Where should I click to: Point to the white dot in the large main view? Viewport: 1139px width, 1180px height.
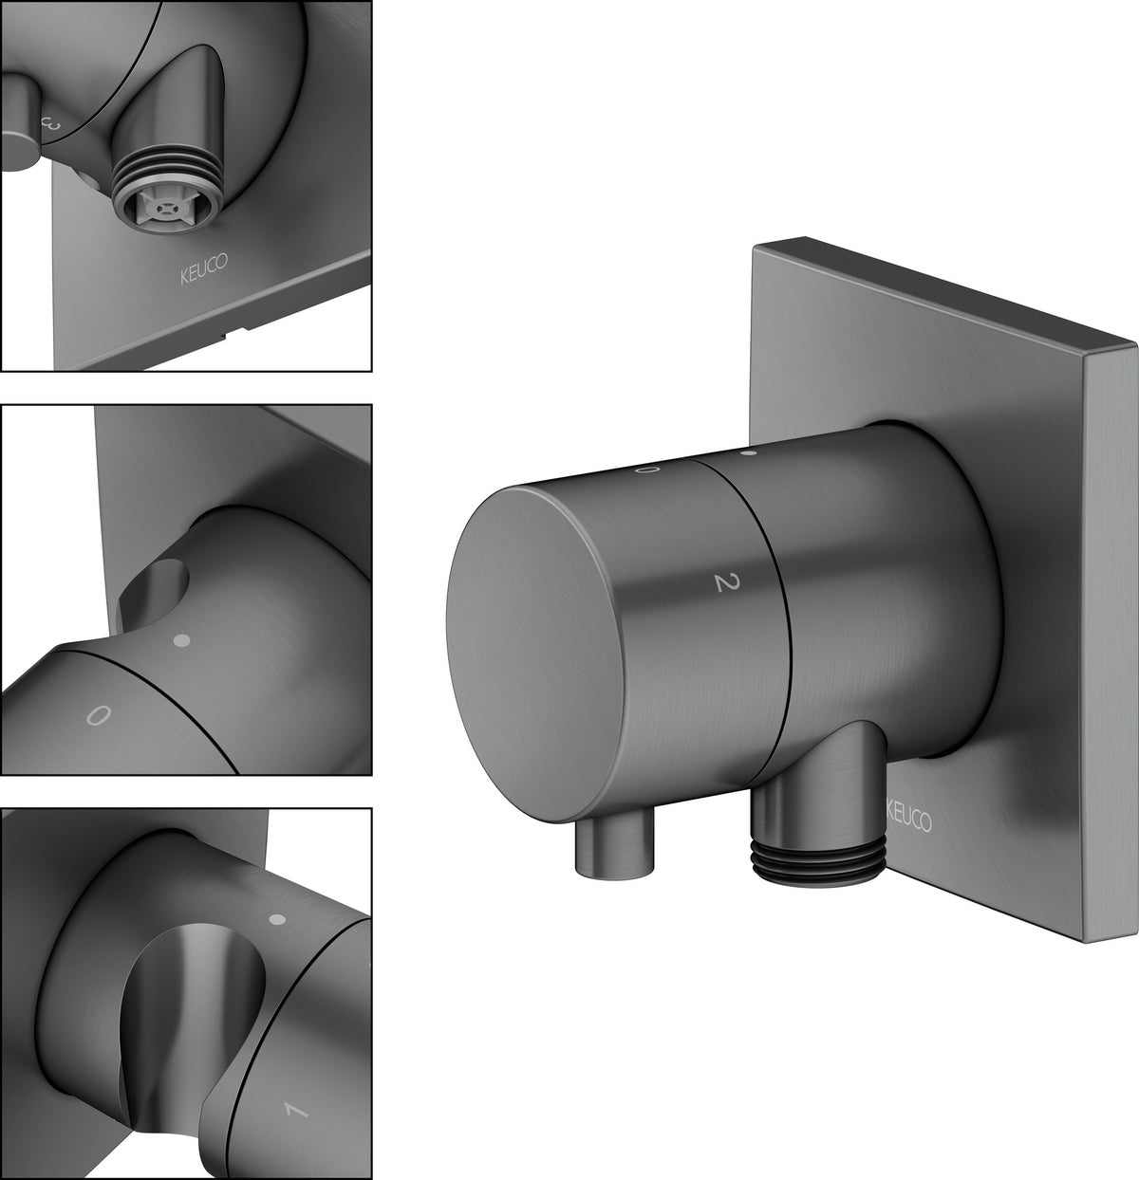[750, 452]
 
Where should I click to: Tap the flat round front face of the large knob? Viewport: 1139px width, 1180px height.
[534, 654]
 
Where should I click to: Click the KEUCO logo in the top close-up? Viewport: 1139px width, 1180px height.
[204, 268]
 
